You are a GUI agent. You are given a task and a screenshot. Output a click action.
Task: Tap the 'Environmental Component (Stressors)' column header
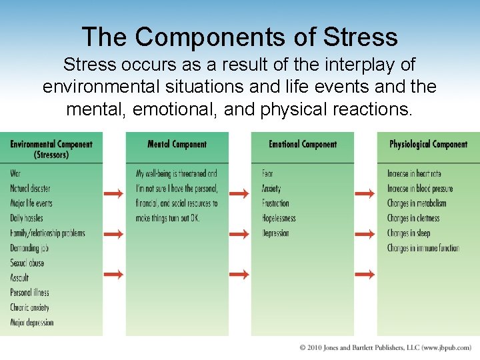click(51, 149)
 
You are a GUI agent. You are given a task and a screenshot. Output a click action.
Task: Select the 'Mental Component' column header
click(177, 144)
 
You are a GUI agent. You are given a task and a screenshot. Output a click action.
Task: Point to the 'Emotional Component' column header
click(302, 144)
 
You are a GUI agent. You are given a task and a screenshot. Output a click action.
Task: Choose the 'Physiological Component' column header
click(428, 144)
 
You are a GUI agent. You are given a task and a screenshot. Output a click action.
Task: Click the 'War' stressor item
click(15, 174)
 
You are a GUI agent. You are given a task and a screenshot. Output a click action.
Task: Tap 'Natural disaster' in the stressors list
click(30, 189)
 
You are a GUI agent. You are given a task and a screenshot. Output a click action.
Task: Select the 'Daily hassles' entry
click(27, 218)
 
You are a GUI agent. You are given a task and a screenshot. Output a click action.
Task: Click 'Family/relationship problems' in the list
click(47, 233)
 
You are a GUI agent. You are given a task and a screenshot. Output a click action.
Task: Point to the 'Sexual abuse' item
click(27, 263)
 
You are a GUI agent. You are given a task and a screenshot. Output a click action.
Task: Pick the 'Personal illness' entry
click(29, 293)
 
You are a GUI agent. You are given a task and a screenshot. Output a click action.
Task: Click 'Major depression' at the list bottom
click(31, 323)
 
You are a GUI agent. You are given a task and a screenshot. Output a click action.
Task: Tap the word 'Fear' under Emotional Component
click(267, 174)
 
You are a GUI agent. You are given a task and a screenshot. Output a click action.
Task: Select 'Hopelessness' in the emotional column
click(279, 218)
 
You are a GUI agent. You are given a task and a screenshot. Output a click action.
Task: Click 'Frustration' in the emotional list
click(275, 203)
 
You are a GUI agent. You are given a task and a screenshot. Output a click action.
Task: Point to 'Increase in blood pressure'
click(420, 189)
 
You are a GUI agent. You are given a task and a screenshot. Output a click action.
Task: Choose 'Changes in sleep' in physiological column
click(409, 233)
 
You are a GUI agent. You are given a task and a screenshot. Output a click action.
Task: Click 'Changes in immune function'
click(423, 248)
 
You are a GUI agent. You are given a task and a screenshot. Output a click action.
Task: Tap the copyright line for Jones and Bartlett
click(385, 348)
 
